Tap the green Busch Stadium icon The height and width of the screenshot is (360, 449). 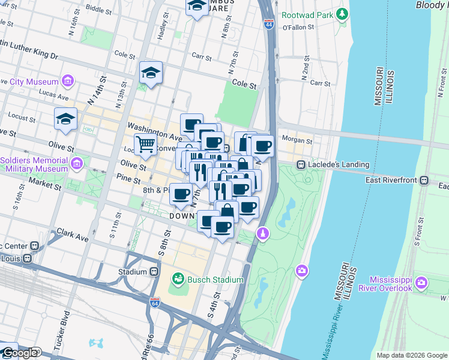coord(178,278)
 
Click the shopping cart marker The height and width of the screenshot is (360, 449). coord(145,145)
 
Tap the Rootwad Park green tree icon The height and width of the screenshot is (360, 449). coord(342,13)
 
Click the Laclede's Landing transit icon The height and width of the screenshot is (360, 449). coord(300,164)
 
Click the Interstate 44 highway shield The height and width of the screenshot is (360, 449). coord(269,24)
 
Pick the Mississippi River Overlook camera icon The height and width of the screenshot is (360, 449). coord(421,282)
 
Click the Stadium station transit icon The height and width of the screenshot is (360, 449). coord(154,272)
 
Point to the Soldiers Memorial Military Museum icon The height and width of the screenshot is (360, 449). coord(77,163)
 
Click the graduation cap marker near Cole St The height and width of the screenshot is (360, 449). coord(151,73)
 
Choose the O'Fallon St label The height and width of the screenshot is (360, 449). coord(298,27)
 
